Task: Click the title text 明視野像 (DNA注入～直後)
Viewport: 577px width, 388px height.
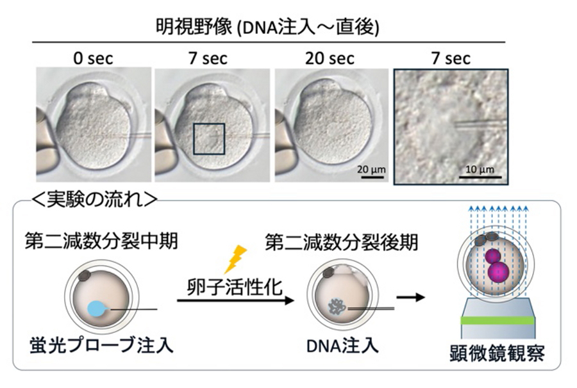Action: pyautogui.click(x=269, y=27)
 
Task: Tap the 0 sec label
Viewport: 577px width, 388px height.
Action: pyautogui.click(x=93, y=59)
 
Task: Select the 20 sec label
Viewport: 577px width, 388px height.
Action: pyautogui.click(x=331, y=59)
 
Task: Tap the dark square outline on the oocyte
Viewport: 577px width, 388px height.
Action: pyautogui.click(x=209, y=139)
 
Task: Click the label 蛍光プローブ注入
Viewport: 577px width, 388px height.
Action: pyautogui.click(x=100, y=346)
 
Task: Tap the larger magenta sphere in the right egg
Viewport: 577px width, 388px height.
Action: pyautogui.click(x=498, y=271)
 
